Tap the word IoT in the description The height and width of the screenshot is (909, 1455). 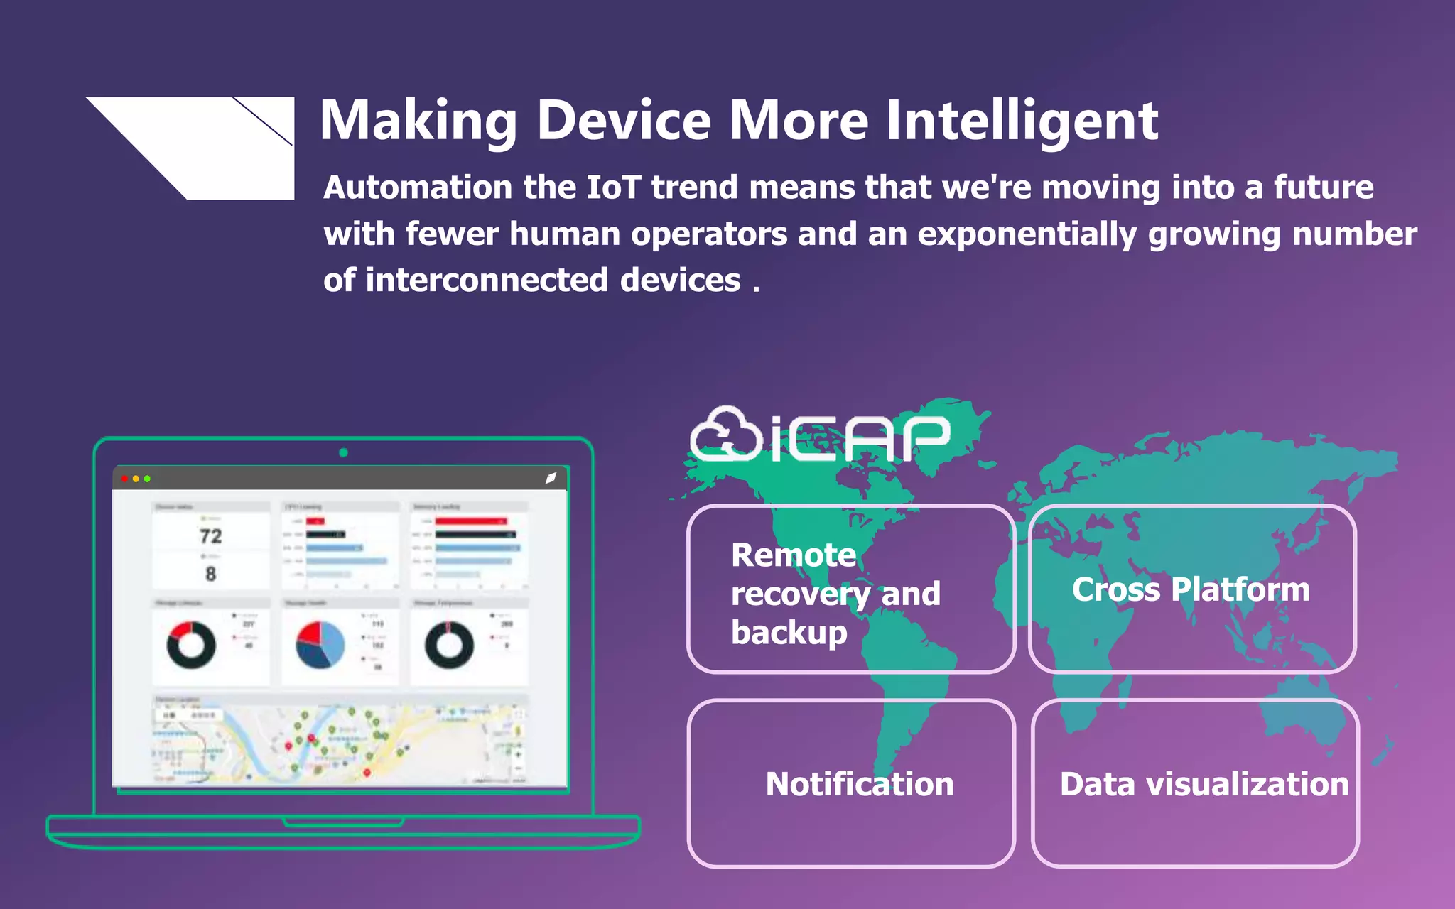(x=613, y=187)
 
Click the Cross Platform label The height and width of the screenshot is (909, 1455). (x=1191, y=589)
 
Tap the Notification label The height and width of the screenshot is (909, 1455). (x=859, y=784)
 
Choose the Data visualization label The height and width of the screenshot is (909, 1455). (x=1204, y=784)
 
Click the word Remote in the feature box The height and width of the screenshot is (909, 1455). (x=794, y=555)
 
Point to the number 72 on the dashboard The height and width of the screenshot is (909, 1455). (x=210, y=536)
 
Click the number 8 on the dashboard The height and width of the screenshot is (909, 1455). (x=210, y=574)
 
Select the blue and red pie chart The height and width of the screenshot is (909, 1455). (x=320, y=645)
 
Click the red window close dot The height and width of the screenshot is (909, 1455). (x=125, y=479)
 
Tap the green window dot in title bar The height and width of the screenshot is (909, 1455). (x=147, y=479)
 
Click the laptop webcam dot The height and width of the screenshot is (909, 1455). (x=343, y=452)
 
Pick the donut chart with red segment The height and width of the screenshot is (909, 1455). (x=191, y=645)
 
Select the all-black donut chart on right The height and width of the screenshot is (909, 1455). (x=449, y=645)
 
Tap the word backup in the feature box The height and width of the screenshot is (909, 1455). (x=789, y=632)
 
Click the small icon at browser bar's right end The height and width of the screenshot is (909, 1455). (x=551, y=478)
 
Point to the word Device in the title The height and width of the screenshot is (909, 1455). (x=623, y=121)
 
